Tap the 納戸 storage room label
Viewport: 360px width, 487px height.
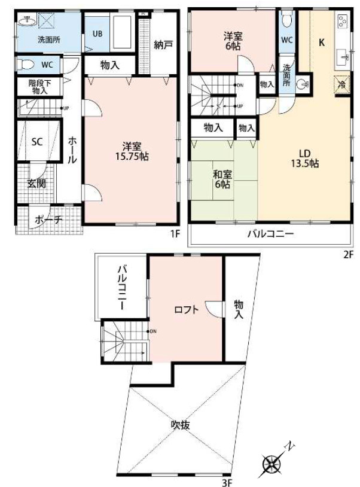pyautogui.click(x=163, y=45)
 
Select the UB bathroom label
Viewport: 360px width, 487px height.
pyautogui.click(x=97, y=34)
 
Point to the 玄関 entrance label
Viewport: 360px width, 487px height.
pyautogui.click(x=36, y=183)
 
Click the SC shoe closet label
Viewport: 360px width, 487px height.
pyautogui.click(x=37, y=142)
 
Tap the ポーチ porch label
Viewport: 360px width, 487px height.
pyautogui.click(x=48, y=220)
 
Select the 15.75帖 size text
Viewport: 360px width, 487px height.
pyautogui.click(x=132, y=156)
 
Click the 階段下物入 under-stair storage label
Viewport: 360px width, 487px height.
pyautogui.click(x=39, y=87)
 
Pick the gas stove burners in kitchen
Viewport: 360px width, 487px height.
pyautogui.click(x=343, y=21)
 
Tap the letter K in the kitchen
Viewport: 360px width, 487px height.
pyautogui.click(x=322, y=42)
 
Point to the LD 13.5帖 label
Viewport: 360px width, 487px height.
pyautogui.click(x=305, y=159)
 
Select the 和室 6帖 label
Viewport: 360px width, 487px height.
pyautogui.click(x=222, y=179)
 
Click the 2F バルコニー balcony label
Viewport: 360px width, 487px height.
pyautogui.click(x=270, y=233)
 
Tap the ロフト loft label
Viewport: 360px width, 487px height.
pyautogui.click(x=186, y=310)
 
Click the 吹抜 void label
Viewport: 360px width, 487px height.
pyautogui.click(x=181, y=425)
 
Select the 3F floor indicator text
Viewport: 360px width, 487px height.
pyautogui.click(x=227, y=482)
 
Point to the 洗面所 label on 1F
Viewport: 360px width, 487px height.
pyautogui.click(x=49, y=40)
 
